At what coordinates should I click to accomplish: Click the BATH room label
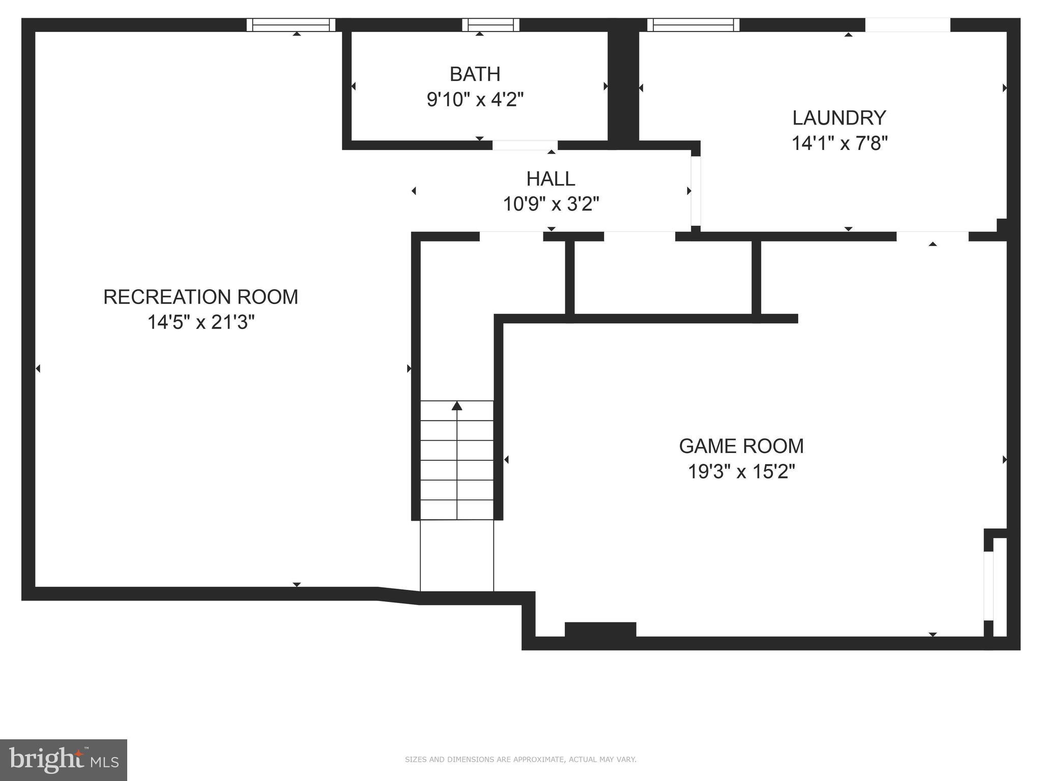(475, 74)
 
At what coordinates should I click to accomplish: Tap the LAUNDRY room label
(839, 118)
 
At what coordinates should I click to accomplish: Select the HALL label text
(551, 179)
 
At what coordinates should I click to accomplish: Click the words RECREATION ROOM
(200, 297)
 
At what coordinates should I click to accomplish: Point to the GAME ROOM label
(741, 446)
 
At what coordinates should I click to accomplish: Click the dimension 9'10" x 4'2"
(475, 100)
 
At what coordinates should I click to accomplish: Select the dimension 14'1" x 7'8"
(839, 143)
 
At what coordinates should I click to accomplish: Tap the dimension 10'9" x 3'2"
(551, 204)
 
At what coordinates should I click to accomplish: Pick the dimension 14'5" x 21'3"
(200, 322)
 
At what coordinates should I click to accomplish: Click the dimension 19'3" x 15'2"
(741, 472)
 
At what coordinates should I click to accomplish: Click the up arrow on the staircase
(457, 406)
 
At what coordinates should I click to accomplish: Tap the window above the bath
(490, 25)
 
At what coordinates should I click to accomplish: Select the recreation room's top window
(291, 25)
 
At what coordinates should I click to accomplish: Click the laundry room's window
(693, 25)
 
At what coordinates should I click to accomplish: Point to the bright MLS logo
(63, 760)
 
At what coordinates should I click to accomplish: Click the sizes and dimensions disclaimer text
(520, 760)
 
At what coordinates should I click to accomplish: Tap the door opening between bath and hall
(525, 145)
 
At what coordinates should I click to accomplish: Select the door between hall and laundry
(696, 191)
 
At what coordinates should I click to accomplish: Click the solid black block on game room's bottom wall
(600, 629)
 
